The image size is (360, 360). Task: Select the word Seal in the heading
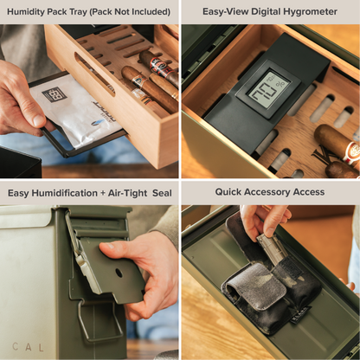pos(160,192)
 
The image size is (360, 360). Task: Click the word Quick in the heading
pos(232,192)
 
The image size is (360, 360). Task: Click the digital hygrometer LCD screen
pos(268,89)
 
